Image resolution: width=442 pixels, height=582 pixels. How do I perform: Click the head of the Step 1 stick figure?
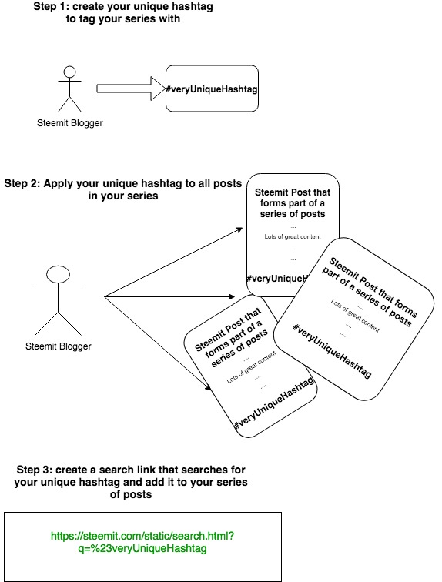(70, 73)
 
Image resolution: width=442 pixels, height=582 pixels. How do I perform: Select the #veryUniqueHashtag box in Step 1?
(212, 89)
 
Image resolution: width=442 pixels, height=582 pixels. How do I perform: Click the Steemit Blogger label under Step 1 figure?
(70, 123)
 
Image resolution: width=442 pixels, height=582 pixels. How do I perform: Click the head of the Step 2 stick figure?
(59, 273)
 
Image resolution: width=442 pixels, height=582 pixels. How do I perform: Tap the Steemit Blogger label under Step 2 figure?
(59, 346)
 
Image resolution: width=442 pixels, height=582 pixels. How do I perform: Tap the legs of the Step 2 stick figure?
(59, 317)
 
